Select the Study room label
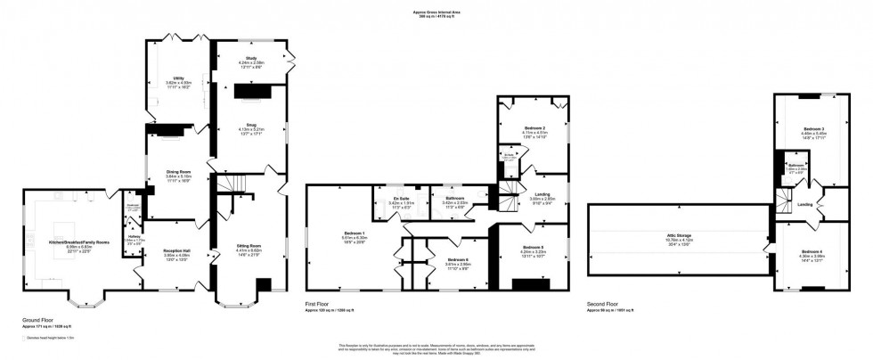tap(251, 58)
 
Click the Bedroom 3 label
tap(808, 129)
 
